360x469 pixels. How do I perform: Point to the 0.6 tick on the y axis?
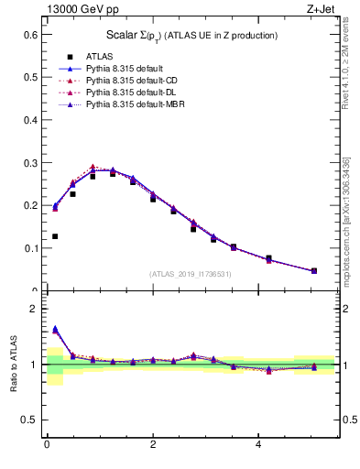[29, 35]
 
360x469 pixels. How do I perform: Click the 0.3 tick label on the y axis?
[29, 163]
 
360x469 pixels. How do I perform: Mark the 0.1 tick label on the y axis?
[29, 248]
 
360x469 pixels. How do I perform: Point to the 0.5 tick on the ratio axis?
[29, 420]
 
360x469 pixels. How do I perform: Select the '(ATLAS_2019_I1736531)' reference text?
[191, 274]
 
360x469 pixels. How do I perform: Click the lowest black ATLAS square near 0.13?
[55, 236]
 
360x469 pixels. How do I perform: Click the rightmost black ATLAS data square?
[314, 271]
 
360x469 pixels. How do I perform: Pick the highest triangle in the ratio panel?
[55, 328]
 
